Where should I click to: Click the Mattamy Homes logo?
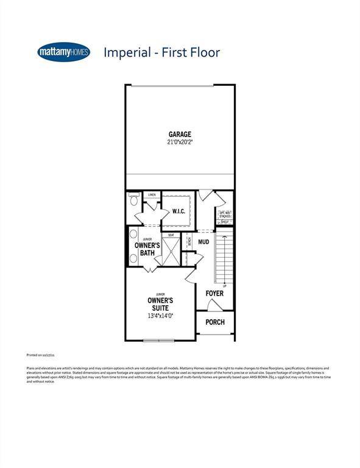[x=63, y=52]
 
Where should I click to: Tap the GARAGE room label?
[x=180, y=135]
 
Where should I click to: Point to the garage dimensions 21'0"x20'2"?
[x=180, y=143]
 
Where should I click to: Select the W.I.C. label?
[x=178, y=211]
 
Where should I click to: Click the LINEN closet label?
[x=152, y=195]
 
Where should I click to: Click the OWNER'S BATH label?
[x=147, y=249]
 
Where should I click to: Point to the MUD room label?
[x=204, y=242]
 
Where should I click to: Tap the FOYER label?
[x=214, y=294]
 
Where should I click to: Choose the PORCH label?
[x=214, y=322]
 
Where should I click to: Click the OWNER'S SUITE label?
[x=161, y=305]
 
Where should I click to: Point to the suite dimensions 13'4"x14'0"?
[x=161, y=317]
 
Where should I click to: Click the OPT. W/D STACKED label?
[x=225, y=214]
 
